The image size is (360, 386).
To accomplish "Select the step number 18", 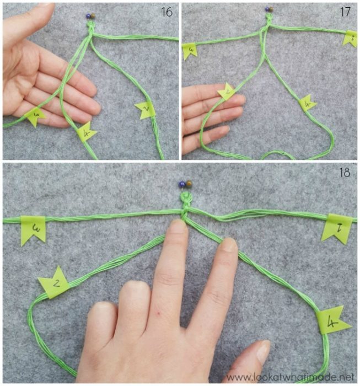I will [x=345, y=173].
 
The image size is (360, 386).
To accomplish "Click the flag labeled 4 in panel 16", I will [x=87, y=132].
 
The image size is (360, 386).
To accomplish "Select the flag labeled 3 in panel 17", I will [x=190, y=51].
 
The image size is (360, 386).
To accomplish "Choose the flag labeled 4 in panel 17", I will [x=307, y=103].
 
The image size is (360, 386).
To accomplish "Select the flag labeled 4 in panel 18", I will [x=333, y=323].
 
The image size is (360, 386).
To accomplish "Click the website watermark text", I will [x=291, y=377].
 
